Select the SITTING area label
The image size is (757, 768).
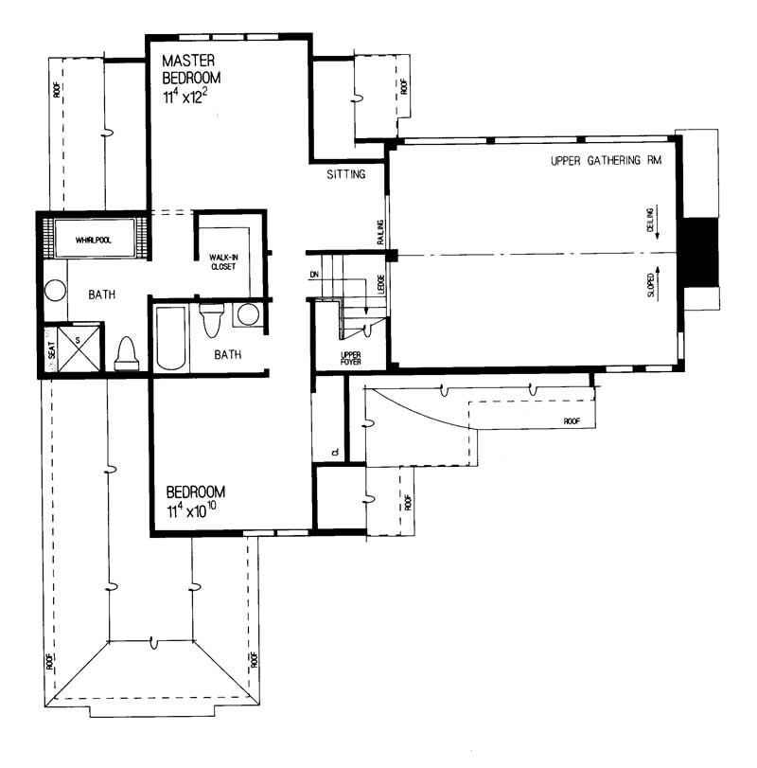(x=346, y=175)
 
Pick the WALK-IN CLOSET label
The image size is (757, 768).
(x=227, y=261)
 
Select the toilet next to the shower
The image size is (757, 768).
(x=126, y=354)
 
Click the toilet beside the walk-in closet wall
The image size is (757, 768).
(x=212, y=320)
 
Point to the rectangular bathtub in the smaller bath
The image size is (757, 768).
(x=171, y=337)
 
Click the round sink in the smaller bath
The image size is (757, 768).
(x=248, y=314)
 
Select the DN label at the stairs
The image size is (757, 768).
(x=314, y=276)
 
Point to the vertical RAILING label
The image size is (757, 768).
(x=379, y=232)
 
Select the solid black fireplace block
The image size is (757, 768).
(x=701, y=251)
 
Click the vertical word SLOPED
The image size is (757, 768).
(x=651, y=283)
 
